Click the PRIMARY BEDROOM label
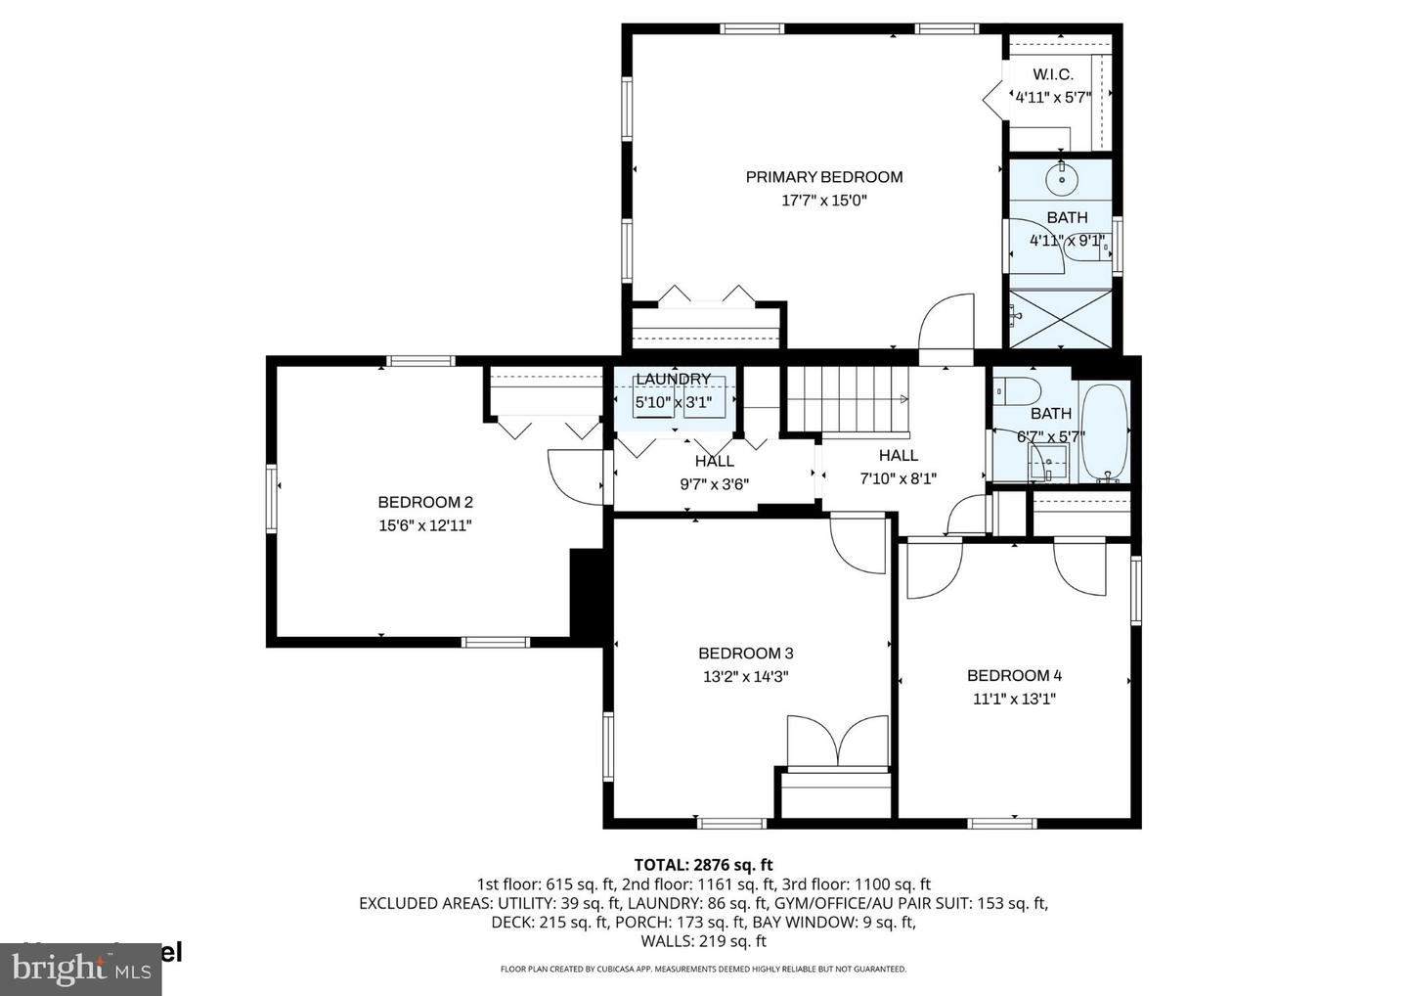823,177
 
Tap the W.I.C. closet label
1052,74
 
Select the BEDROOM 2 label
425,502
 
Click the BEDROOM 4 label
1014,675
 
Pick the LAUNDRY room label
673,380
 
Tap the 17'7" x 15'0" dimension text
823,201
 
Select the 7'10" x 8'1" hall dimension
898,478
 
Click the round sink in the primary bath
1061,179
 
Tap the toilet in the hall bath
1016,391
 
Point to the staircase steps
849,398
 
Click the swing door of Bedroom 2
577,476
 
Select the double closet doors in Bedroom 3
838,740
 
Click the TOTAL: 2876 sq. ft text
703,865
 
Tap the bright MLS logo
80,969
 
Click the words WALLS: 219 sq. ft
703,941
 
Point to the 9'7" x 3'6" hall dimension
714,483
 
